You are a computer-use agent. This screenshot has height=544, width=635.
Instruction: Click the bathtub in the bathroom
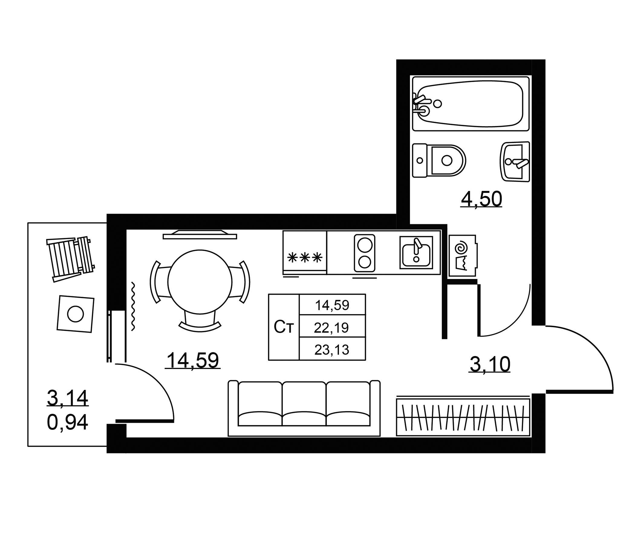pos(471,104)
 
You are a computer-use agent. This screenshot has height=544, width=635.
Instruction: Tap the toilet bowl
pos(439,160)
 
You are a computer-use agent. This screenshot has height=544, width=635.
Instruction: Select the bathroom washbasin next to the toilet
pos(515,162)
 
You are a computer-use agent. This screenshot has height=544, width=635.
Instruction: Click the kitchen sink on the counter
pos(416,253)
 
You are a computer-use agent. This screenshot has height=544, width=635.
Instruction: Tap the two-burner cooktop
pos(365,253)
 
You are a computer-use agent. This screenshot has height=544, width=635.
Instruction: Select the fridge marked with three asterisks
pos(304,253)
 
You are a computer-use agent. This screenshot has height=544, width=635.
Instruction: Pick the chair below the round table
pos(200,322)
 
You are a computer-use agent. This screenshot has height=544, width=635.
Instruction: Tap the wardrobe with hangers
pos(463,417)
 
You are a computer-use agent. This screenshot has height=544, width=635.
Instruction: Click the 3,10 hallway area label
pos(490,364)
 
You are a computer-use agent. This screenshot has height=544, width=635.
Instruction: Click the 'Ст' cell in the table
pos(284,327)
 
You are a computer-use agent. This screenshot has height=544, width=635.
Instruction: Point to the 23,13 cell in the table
pos(332,349)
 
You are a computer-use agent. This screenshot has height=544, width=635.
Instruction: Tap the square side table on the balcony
pos(76,314)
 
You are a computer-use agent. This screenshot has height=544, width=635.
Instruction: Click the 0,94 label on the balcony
pos(67,422)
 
